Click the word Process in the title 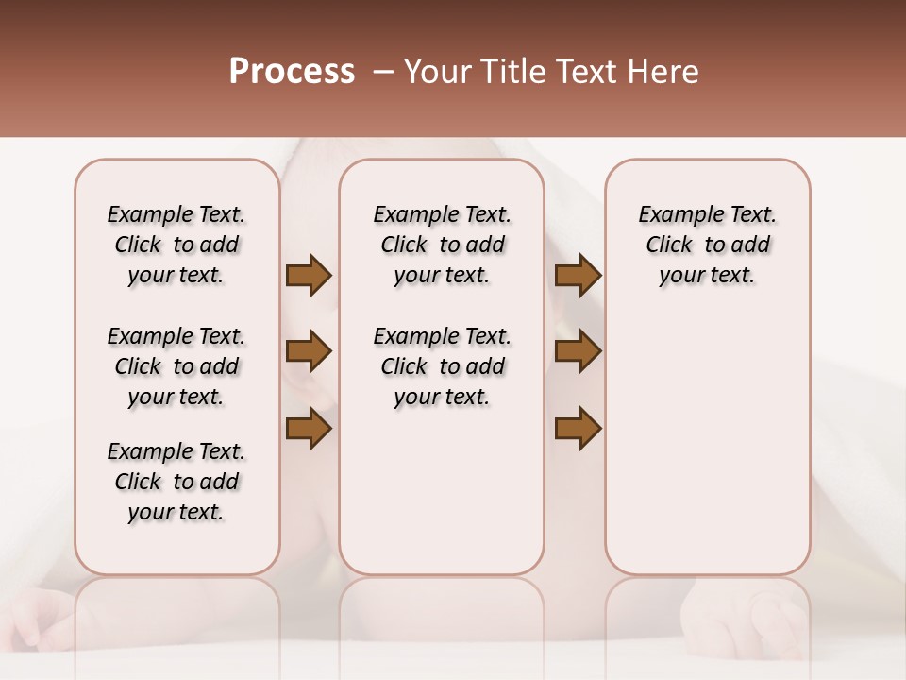click(x=292, y=72)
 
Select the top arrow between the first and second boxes click(x=309, y=276)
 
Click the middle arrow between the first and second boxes click(x=309, y=351)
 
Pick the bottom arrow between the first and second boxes click(x=309, y=429)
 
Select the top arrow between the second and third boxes click(x=578, y=276)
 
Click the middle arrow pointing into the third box click(x=578, y=351)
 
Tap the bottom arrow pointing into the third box click(x=578, y=429)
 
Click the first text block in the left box click(x=176, y=245)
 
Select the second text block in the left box click(x=176, y=366)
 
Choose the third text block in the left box click(x=176, y=482)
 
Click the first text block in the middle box click(x=442, y=245)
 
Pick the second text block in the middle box click(x=442, y=366)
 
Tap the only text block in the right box click(x=707, y=245)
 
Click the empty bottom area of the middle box click(x=442, y=501)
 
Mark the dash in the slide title click(x=383, y=72)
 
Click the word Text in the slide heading click(x=586, y=72)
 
